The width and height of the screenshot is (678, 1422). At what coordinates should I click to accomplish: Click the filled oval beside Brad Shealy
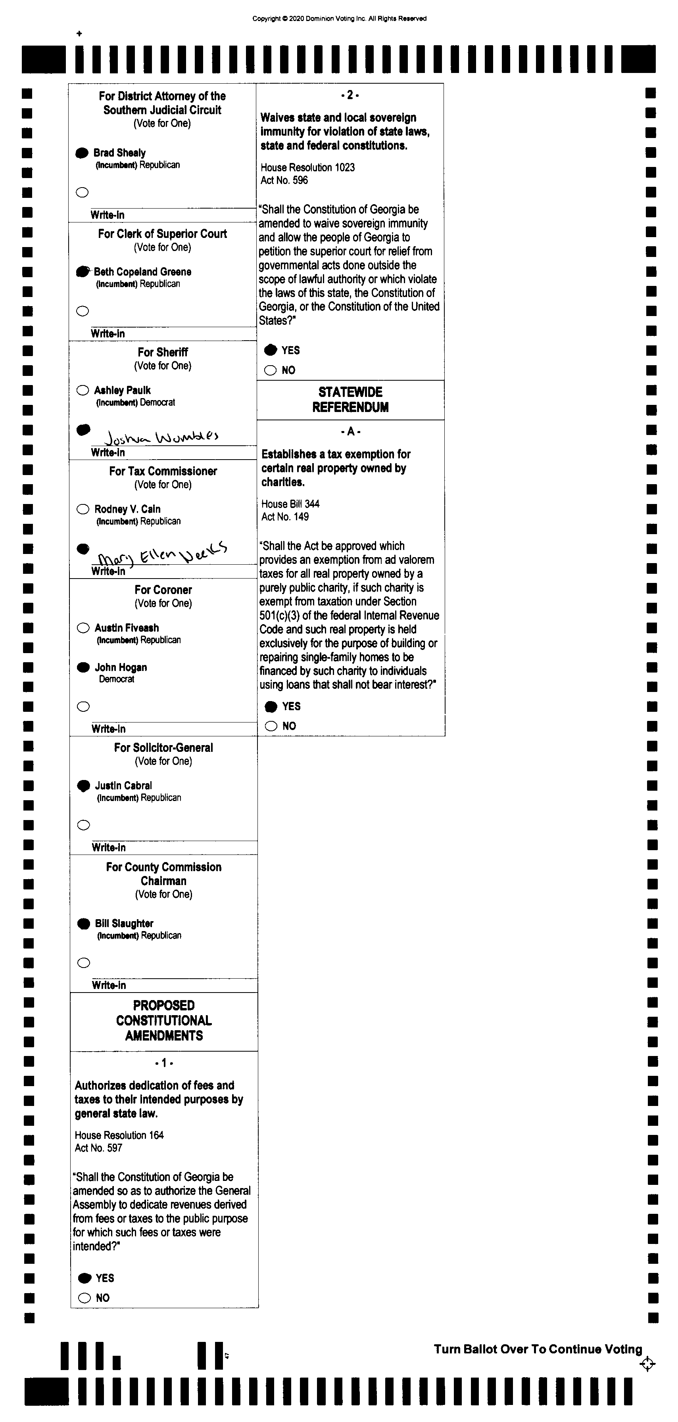click(82, 153)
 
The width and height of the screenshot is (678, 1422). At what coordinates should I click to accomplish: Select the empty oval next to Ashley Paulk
click(83, 390)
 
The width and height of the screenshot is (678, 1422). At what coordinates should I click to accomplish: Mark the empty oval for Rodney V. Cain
click(83, 509)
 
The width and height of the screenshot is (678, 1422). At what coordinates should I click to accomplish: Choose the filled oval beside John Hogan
click(83, 667)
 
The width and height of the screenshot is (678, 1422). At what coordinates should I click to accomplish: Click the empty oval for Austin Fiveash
click(83, 628)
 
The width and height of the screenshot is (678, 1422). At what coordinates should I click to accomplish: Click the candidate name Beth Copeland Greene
click(142, 272)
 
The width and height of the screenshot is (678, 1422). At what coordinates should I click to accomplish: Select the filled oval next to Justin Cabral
click(83, 786)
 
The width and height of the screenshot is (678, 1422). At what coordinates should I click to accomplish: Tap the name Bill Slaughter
click(124, 924)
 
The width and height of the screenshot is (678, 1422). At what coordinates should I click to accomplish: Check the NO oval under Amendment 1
click(85, 1298)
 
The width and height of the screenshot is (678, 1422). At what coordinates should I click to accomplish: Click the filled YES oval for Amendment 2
click(271, 350)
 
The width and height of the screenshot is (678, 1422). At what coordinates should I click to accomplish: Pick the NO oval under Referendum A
click(271, 726)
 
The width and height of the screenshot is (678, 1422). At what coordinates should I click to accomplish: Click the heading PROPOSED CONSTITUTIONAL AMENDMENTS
click(164, 1020)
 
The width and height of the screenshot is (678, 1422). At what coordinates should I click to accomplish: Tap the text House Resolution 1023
click(307, 167)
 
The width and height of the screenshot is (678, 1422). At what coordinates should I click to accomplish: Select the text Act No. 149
click(285, 517)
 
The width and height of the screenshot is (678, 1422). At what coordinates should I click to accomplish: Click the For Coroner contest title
click(163, 590)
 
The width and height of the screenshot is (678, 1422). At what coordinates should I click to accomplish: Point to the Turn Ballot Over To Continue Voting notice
click(538, 1349)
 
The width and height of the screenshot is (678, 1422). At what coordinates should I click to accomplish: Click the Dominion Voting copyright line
click(339, 19)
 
